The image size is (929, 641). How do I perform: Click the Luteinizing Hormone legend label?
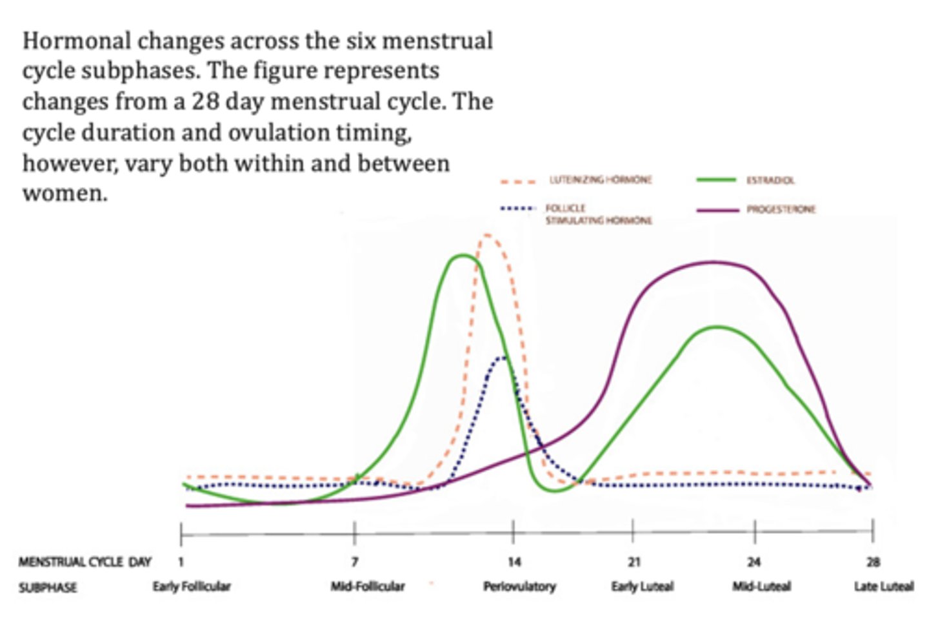coord(601,179)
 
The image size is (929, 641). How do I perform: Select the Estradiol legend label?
coord(770,180)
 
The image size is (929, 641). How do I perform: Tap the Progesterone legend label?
coord(781,209)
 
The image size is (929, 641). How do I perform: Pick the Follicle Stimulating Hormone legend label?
coord(599,214)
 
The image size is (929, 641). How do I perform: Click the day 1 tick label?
coord(181,562)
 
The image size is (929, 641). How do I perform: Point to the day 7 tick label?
coord(355,562)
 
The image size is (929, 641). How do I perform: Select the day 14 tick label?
coord(514,562)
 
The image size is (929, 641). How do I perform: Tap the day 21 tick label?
coord(634,562)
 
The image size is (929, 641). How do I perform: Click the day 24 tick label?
coord(754,562)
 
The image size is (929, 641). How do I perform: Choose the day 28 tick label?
coord(873,562)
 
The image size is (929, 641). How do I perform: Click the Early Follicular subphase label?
coord(192,586)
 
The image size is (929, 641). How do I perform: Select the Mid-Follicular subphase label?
coord(368,586)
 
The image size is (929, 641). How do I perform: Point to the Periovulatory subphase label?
coord(519,586)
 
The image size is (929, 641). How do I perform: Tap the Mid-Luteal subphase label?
coord(761,586)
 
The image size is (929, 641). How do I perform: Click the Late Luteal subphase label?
coord(884,586)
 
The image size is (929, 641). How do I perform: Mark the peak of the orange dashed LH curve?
coord(487,236)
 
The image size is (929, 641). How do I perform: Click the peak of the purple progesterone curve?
coord(713,262)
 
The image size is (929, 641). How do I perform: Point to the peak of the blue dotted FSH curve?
coord(501,357)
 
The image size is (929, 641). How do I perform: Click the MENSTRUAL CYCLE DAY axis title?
coord(85,562)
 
